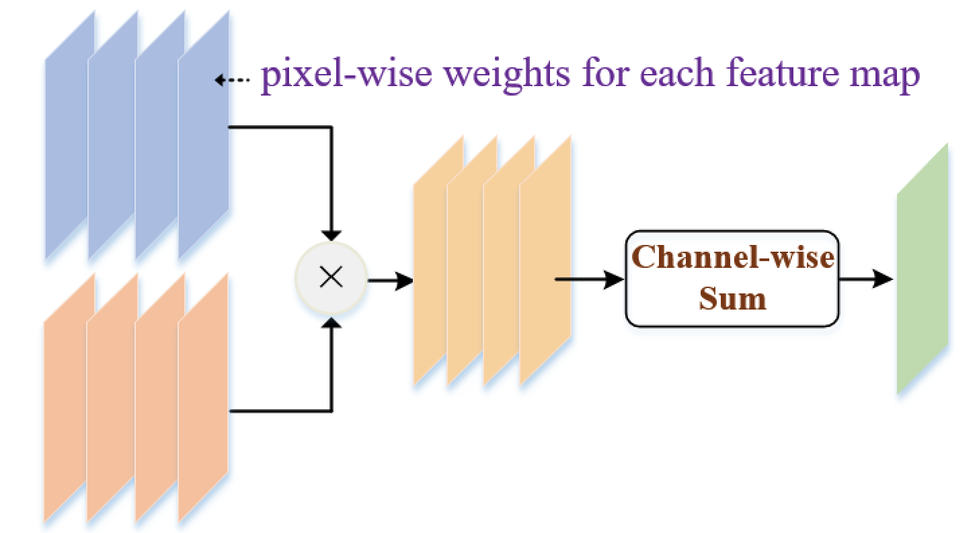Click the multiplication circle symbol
331,277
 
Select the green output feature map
922,269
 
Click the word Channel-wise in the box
734,258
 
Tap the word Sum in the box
732,298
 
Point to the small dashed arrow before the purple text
232,80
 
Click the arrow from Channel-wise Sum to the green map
866,279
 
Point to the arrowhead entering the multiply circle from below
331,323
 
